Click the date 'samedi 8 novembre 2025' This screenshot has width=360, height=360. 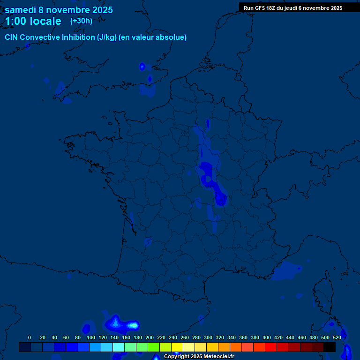tap(59, 10)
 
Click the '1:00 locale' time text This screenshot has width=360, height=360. tap(33, 21)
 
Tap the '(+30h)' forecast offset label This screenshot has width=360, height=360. tap(81, 21)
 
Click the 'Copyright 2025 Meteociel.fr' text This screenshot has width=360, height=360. tap(199, 357)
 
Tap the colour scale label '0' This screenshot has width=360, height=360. tap(30, 337)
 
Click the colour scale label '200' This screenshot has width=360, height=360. tap(149, 337)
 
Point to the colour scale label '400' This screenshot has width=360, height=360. tap(266, 337)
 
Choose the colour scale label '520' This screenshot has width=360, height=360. tap(337, 337)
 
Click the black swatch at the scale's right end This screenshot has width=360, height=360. tap(330, 347)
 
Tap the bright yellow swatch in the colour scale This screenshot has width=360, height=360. tap(177, 347)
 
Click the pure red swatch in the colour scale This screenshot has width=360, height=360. tap(271, 347)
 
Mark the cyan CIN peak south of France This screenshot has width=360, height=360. tap(134, 325)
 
